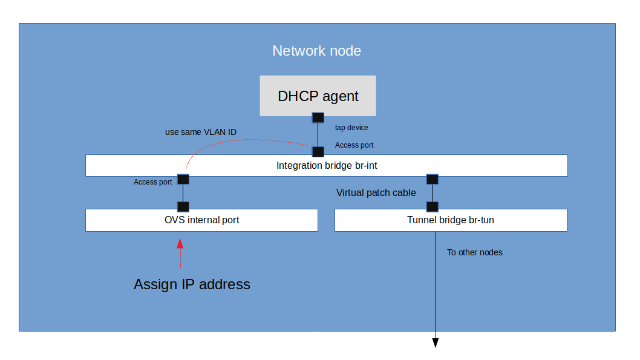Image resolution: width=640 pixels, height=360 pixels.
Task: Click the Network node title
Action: [x=316, y=51]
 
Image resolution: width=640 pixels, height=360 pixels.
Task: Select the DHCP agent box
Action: [x=318, y=96]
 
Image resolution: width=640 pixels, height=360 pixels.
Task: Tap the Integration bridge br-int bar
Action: [x=326, y=165]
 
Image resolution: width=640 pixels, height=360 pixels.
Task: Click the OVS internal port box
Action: [x=201, y=220]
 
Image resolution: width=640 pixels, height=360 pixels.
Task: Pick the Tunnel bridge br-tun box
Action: [x=450, y=220]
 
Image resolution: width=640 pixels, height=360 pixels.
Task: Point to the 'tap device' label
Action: [x=351, y=128]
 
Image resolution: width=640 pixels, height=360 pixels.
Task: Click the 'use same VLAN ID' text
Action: [x=201, y=131]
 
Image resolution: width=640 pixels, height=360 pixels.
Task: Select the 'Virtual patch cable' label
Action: [x=376, y=193]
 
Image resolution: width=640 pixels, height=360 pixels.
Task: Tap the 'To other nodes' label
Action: [x=475, y=252]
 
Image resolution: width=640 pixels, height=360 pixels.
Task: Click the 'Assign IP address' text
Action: [x=192, y=284]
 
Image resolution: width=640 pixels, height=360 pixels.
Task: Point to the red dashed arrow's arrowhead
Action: [x=180, y=243]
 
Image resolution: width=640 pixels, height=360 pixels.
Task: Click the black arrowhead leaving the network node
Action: [x=435, y=343]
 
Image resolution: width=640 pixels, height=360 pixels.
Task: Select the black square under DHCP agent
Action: [x=318, y=117]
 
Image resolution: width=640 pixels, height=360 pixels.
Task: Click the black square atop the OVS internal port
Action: [x=183, y=206]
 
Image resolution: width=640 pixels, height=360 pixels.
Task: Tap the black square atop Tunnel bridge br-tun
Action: [x=432, y=206]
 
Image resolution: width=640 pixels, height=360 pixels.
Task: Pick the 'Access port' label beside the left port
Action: [x=152, y=182]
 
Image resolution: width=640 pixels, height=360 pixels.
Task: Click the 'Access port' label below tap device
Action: [x=354, y=145]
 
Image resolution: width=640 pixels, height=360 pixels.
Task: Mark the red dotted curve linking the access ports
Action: [x=242, y=141]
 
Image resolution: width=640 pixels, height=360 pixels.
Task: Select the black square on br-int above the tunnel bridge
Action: [x=432, y=179]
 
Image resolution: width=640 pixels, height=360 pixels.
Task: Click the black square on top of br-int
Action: [x=318, y=151]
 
